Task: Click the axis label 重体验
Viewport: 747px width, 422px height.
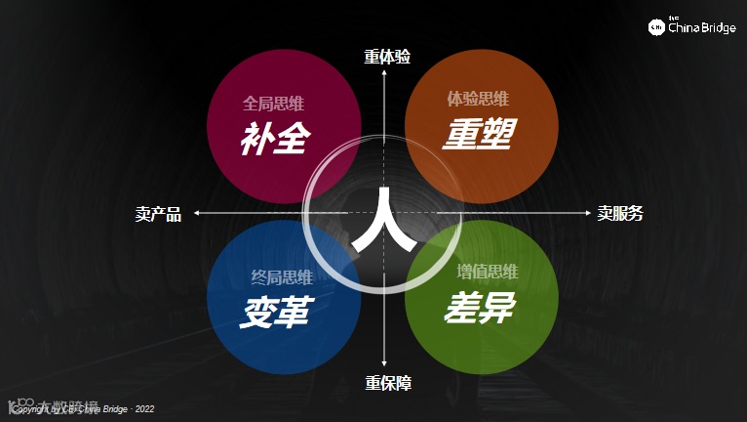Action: (x=387, y=57)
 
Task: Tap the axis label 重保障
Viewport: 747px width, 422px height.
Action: (x=387, y=383)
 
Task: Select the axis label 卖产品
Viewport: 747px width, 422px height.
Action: (x=158, y=214)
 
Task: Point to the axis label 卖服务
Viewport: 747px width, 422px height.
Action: (x=620, y=213)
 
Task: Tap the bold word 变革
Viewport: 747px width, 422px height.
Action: (x=275, y=311)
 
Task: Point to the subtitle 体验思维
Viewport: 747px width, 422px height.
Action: (x=478, y=99)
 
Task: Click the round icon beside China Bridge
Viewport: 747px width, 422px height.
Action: (x=657, y=27)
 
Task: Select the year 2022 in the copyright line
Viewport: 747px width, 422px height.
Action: (x=142, y=409)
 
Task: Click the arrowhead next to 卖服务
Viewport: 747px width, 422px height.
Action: (x=587, y=213)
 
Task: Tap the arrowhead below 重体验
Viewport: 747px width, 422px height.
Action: (x=385, y=72)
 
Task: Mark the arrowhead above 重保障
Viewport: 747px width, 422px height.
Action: (x=385, y=365)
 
